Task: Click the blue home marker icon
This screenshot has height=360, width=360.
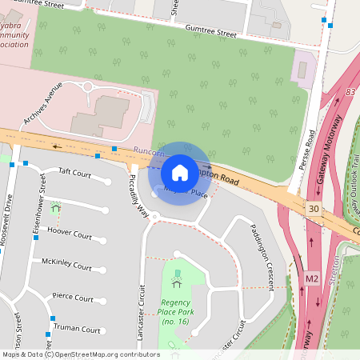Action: (180, 173)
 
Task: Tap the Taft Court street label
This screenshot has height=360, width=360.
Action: (76, 172)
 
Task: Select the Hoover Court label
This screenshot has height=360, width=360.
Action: (70, 234)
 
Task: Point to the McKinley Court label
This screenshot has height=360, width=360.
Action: (66, 266)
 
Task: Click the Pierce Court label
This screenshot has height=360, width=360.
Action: (73, 296)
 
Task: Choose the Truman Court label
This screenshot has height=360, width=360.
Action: (78, 330)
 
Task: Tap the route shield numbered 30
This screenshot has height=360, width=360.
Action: (313, 209)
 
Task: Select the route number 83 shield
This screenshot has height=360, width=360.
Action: (350, 93)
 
